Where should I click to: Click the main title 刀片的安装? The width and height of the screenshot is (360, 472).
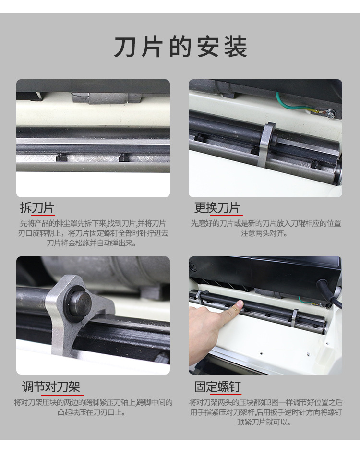pos(180,47)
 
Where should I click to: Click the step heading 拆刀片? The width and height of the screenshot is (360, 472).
pos(37,208)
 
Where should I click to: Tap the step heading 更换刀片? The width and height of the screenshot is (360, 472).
pos(217,208)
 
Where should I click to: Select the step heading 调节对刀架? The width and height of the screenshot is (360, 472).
pos(51,387)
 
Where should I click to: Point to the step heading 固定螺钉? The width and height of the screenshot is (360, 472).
pos(217,387)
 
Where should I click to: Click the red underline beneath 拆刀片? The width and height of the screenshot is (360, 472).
pos(43,215)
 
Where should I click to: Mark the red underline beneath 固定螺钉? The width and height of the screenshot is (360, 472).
pos(225,394)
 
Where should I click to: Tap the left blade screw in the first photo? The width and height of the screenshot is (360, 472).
pos(60,157)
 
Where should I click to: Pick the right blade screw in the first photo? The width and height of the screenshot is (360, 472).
pos(123,157)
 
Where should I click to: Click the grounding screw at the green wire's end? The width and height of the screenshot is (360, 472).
pos(331,113)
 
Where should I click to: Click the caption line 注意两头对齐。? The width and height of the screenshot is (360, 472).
pos(264,233)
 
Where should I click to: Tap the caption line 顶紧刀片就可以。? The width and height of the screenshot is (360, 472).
pos(264,422)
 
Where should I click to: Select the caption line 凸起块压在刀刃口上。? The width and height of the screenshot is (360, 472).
pos(92,412)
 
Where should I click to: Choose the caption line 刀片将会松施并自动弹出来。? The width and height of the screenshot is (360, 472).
pos(92,243)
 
